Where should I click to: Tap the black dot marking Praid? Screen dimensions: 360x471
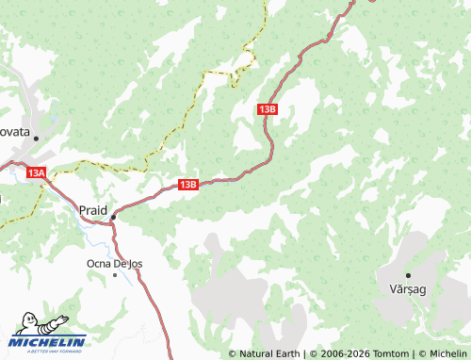[113, 218]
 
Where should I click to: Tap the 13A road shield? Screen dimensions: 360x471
[37, 173]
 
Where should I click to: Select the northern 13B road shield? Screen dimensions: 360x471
[267, 109]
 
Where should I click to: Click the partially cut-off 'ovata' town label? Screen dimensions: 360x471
[16, 133]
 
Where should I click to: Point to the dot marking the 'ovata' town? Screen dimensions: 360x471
[36, 139]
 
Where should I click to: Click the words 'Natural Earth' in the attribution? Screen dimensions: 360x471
[268, 353]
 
